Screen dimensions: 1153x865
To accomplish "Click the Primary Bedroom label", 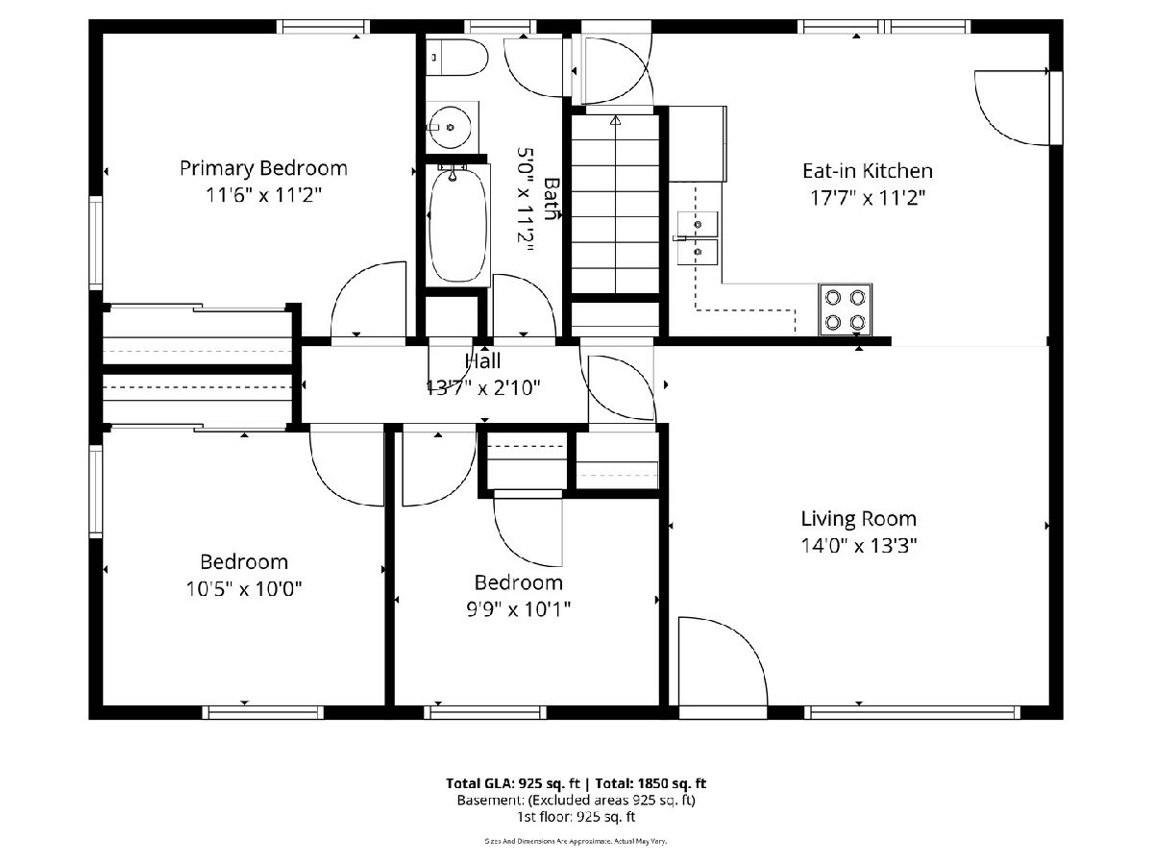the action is [263, 168].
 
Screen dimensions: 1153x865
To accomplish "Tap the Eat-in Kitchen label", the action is [868, 171].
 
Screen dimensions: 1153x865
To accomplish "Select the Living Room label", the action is [858, 519].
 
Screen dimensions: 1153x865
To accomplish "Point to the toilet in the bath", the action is [457, 58].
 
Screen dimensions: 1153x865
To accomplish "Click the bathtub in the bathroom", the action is [457, 225].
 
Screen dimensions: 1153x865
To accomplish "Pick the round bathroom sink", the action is [451, 127].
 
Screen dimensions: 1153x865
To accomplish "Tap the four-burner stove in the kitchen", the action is [845, 309].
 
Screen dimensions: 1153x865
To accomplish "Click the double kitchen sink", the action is [697, 238].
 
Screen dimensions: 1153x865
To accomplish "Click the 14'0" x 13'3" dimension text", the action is [858, 546].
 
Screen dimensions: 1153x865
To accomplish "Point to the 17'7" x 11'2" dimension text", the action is [868, 199].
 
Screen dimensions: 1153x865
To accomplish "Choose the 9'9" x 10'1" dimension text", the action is [519, 609].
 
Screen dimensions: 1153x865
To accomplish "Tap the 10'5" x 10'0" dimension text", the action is [244, 589].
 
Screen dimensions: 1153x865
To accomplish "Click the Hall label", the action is [482, 361].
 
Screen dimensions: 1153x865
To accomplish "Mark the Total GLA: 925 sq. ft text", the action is [513, 783].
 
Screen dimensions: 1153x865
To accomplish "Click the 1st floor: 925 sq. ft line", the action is [576, 817].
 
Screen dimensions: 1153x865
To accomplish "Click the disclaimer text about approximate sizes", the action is [576, 841].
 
